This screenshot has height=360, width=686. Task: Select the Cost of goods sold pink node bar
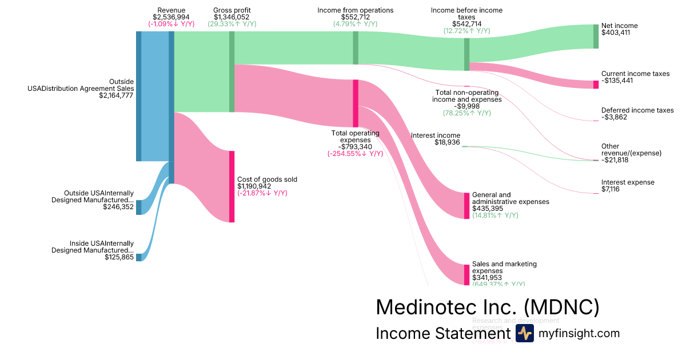pos(232,186)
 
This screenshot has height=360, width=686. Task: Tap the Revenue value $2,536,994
pos(171,17)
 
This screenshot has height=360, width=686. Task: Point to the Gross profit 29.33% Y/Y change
pos(232,24)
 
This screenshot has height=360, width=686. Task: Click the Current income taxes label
pos(635,74)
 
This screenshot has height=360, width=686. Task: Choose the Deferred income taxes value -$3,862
pos(615,117)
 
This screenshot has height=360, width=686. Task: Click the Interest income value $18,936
pos(447,142)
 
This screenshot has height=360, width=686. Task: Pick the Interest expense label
pos(628,182)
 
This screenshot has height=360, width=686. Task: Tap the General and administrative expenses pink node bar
pos(466,206)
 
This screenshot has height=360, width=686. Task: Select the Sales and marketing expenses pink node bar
pos(466,275)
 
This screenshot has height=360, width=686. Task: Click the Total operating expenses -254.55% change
pos(355,154)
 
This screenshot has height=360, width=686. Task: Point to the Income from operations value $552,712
pos(356,17)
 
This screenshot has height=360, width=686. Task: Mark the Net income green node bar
pos(596,37)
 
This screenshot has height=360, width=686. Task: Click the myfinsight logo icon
pos(524,334)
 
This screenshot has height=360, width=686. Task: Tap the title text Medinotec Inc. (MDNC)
pos(488,307)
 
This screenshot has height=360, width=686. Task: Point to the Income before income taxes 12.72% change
pos(466,31)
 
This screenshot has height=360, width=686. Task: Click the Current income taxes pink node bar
pos(596,85)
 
